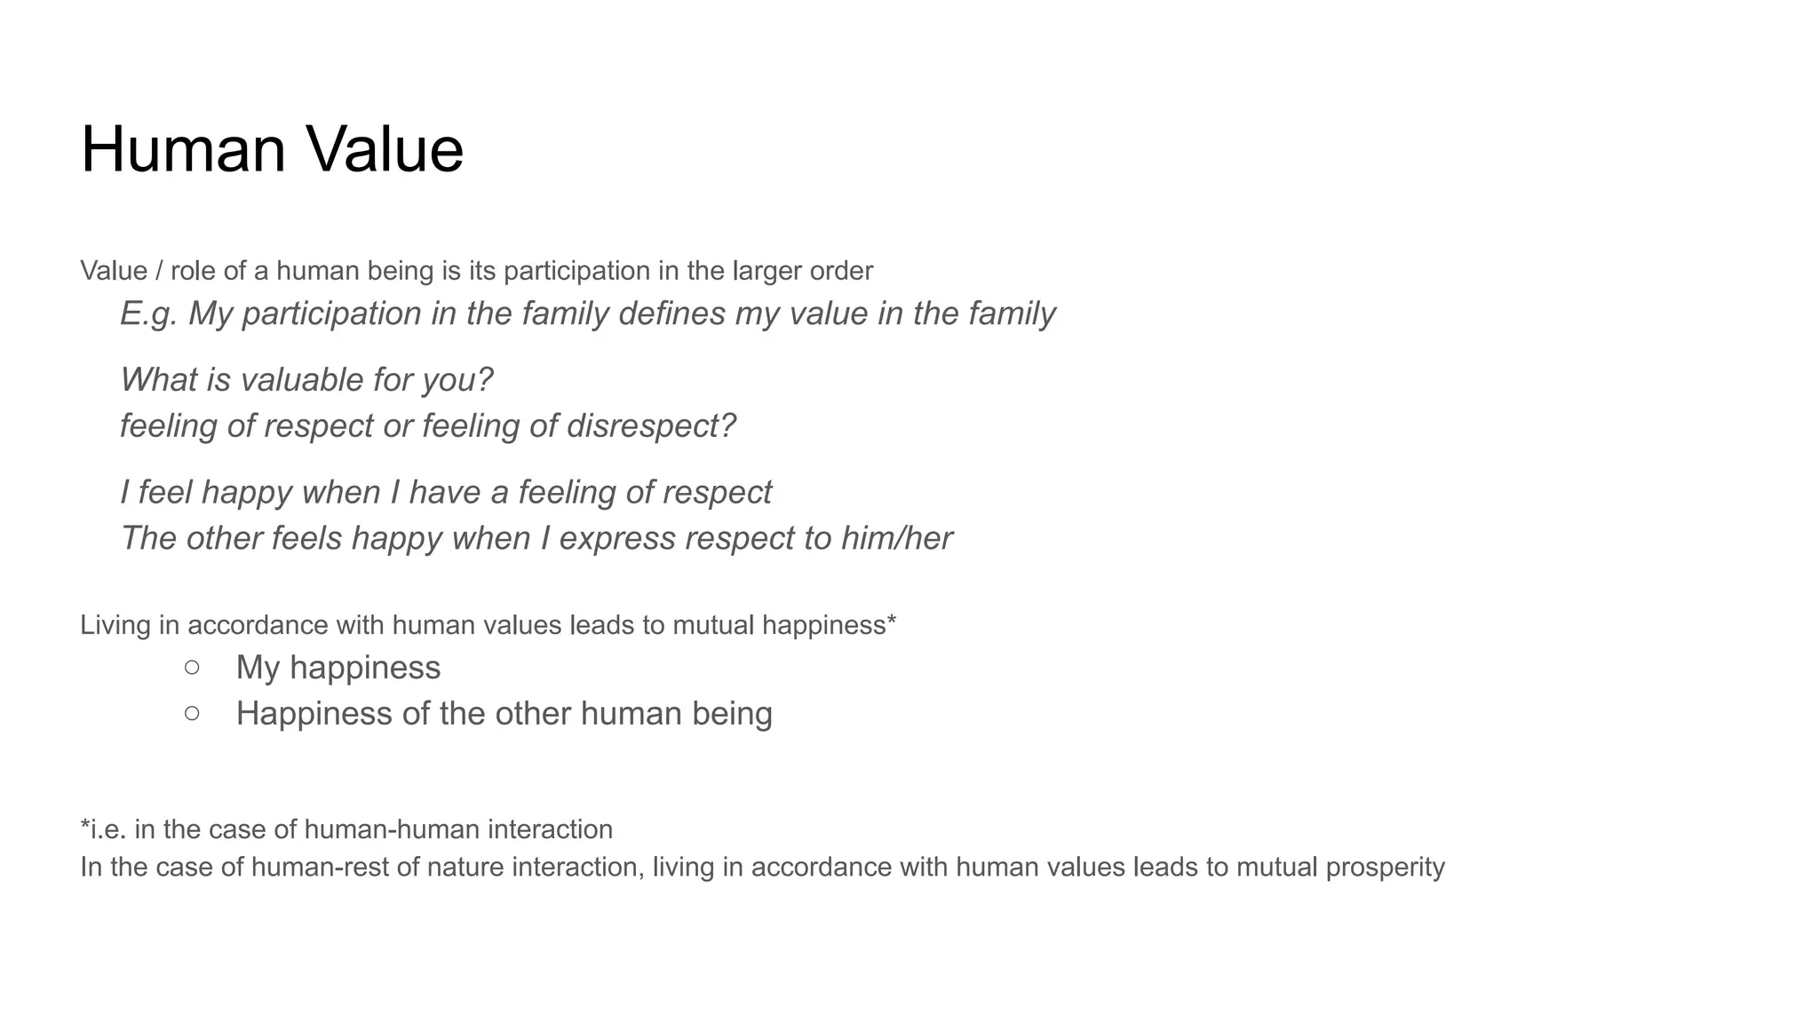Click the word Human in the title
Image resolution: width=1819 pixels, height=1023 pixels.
click(183, 149)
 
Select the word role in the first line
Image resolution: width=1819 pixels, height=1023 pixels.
click(193, 271)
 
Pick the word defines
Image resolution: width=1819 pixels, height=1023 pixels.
click(671, 313)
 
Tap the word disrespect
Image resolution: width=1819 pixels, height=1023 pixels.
click(650, 426)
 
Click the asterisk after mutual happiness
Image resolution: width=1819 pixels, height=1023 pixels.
click(891, 621)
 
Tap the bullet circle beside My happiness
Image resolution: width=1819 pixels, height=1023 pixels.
click(192, 667)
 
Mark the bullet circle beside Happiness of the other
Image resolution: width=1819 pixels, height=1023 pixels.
click(192, 713)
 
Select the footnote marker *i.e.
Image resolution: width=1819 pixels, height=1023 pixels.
click(103, 829)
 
